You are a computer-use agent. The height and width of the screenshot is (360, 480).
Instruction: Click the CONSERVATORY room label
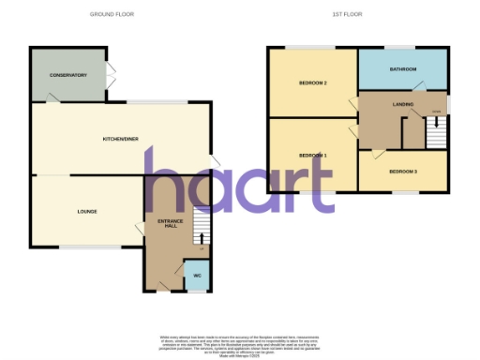click(x=67, y=75)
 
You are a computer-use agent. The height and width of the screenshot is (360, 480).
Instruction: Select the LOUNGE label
click(x=87, y=212)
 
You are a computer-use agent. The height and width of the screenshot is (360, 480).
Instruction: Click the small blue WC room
click(x=197, y=275)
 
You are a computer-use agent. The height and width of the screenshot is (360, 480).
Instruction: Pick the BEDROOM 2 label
click(x=312, y=83)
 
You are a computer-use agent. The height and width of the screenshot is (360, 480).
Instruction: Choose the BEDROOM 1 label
click(x=312, y=155)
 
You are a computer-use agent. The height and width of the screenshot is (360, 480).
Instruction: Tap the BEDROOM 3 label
click(x=403, y=172)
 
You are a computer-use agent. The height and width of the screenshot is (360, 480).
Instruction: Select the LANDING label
click(x=403, y=105)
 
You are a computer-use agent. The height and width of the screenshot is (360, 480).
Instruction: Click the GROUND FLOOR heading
click(x=111, y=15)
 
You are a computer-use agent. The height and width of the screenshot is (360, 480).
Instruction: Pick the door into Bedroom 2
click(x=353, y=101)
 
